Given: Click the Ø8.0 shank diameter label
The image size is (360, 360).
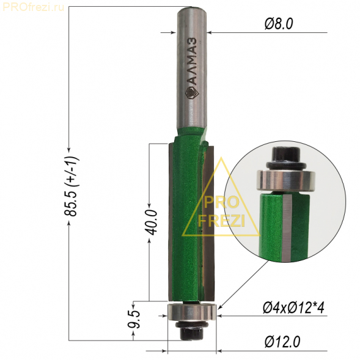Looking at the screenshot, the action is tap(279, 24).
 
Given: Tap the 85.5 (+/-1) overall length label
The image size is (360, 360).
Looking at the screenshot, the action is tap(71, 186).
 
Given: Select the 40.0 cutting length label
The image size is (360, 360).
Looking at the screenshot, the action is tap(152, 222).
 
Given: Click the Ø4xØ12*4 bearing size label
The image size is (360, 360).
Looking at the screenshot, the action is tap(293, 308).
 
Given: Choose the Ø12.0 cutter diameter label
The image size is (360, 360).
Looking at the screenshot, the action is tap(282, 342).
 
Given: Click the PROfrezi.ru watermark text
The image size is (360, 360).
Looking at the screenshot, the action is tap(33, 7).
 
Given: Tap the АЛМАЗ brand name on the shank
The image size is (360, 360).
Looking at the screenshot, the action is tap(191, 62).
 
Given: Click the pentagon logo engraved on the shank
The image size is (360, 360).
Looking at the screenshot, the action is tap(192, 93).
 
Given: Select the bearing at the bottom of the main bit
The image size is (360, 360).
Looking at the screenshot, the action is tap(192, 312).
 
